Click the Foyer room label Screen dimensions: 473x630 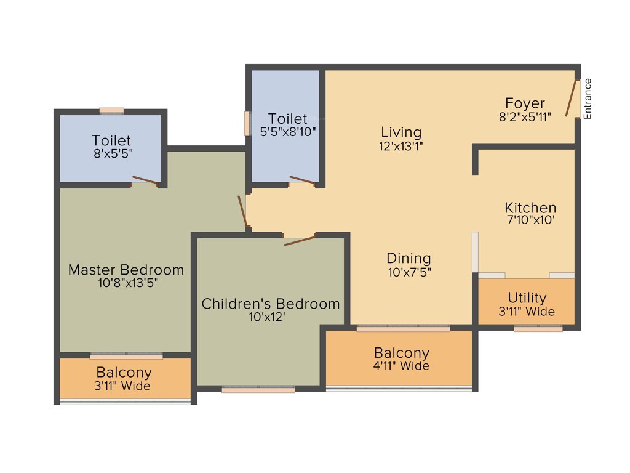click(x=525, y=103)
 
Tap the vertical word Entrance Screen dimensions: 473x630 click(x=588, y=99)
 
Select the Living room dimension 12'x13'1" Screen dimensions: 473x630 click(x=401, y=147)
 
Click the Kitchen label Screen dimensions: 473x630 click(x=530, y=208)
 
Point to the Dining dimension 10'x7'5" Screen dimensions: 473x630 click(x=409, y=273)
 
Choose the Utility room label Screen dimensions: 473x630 click(x=527, y=298)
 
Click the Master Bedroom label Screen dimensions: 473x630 click(x=126, y=270)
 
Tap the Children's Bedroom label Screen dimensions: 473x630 click(x=271, y=304)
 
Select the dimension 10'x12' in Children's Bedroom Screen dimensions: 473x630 click(x=271, y=318)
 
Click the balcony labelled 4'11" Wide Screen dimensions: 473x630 click(x=402, y=359)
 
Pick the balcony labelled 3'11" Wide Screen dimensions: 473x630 click(x=124, y=379)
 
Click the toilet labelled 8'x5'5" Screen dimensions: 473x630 click(x=111, y=147)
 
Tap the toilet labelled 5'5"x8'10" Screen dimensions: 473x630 click(x=287, y=124)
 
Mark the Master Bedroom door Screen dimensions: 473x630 click(x=243, y=211)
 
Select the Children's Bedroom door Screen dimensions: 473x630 click(x=300, y=240)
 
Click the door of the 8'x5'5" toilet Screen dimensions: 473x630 click(x=145, y=180)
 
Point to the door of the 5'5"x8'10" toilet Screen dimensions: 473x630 click(x=302, y=180)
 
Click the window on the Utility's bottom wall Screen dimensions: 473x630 click(x=538, y=329)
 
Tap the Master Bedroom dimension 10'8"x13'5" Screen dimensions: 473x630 click(x=126, y=284)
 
